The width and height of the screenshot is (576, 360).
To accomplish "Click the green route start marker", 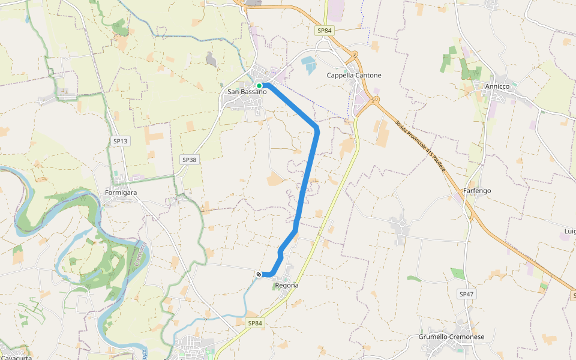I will pos(259,86).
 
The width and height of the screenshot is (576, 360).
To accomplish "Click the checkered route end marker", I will pos(259,274).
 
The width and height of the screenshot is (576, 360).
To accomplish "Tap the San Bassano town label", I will pos(247,92).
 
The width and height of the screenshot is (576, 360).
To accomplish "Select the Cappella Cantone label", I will pos(354,76).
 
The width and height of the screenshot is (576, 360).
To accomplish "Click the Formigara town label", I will pos(121,193).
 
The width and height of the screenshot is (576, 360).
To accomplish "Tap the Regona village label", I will pos(287,286).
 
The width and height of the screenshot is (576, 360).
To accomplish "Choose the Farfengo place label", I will pos(477,191).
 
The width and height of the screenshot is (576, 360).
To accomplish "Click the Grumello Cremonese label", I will pos(451,337).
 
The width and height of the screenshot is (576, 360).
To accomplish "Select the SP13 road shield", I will pos(121,141).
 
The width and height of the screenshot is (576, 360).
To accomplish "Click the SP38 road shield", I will pos(189,160).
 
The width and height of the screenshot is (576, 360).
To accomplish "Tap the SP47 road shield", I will pos(467,294).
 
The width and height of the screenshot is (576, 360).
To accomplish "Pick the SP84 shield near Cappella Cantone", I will pos(324,31).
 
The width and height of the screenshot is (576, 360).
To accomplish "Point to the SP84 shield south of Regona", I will pos(255,323).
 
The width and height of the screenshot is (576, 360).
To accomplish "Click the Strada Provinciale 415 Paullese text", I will pos(420,146).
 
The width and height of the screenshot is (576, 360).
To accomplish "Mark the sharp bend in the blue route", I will pos(317,129).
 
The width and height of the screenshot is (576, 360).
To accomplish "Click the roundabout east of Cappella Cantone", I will pos(376,100).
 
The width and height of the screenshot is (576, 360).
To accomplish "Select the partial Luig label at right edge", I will pos(569,231).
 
